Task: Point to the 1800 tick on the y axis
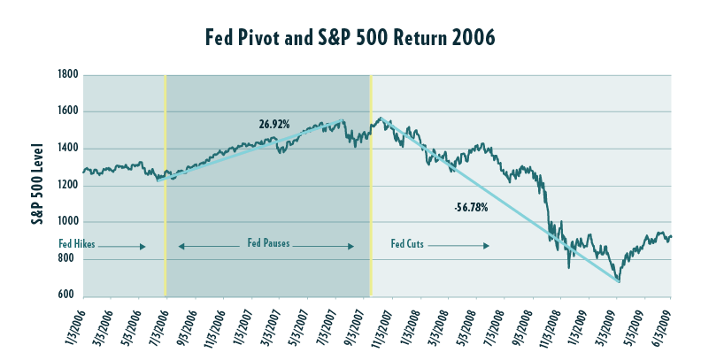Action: tap(69, 75)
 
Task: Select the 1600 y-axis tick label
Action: tap(69, 112)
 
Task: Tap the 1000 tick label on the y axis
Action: tap(69, 222)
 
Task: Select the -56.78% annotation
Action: tap(470, 209)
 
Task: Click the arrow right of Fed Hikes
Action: tap(133, 246)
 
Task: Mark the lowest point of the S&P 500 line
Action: tap(619, 282)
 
